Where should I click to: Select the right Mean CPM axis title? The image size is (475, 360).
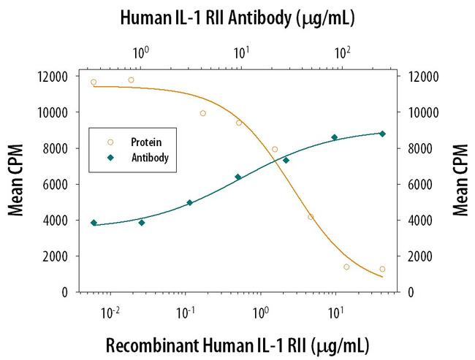pos(460,184)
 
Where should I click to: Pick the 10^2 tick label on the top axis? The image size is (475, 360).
pos(342,53)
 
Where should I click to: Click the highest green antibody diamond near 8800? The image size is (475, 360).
pos(382,134)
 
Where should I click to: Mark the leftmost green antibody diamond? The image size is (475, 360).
pos(94,223)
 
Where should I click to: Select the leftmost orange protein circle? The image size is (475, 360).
pos(94,82)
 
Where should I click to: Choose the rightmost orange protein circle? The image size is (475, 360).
pos(382,269)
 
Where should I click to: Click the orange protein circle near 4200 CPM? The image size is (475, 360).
pos(311,217)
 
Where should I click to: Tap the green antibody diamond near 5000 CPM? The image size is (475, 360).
pos(189,203)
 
